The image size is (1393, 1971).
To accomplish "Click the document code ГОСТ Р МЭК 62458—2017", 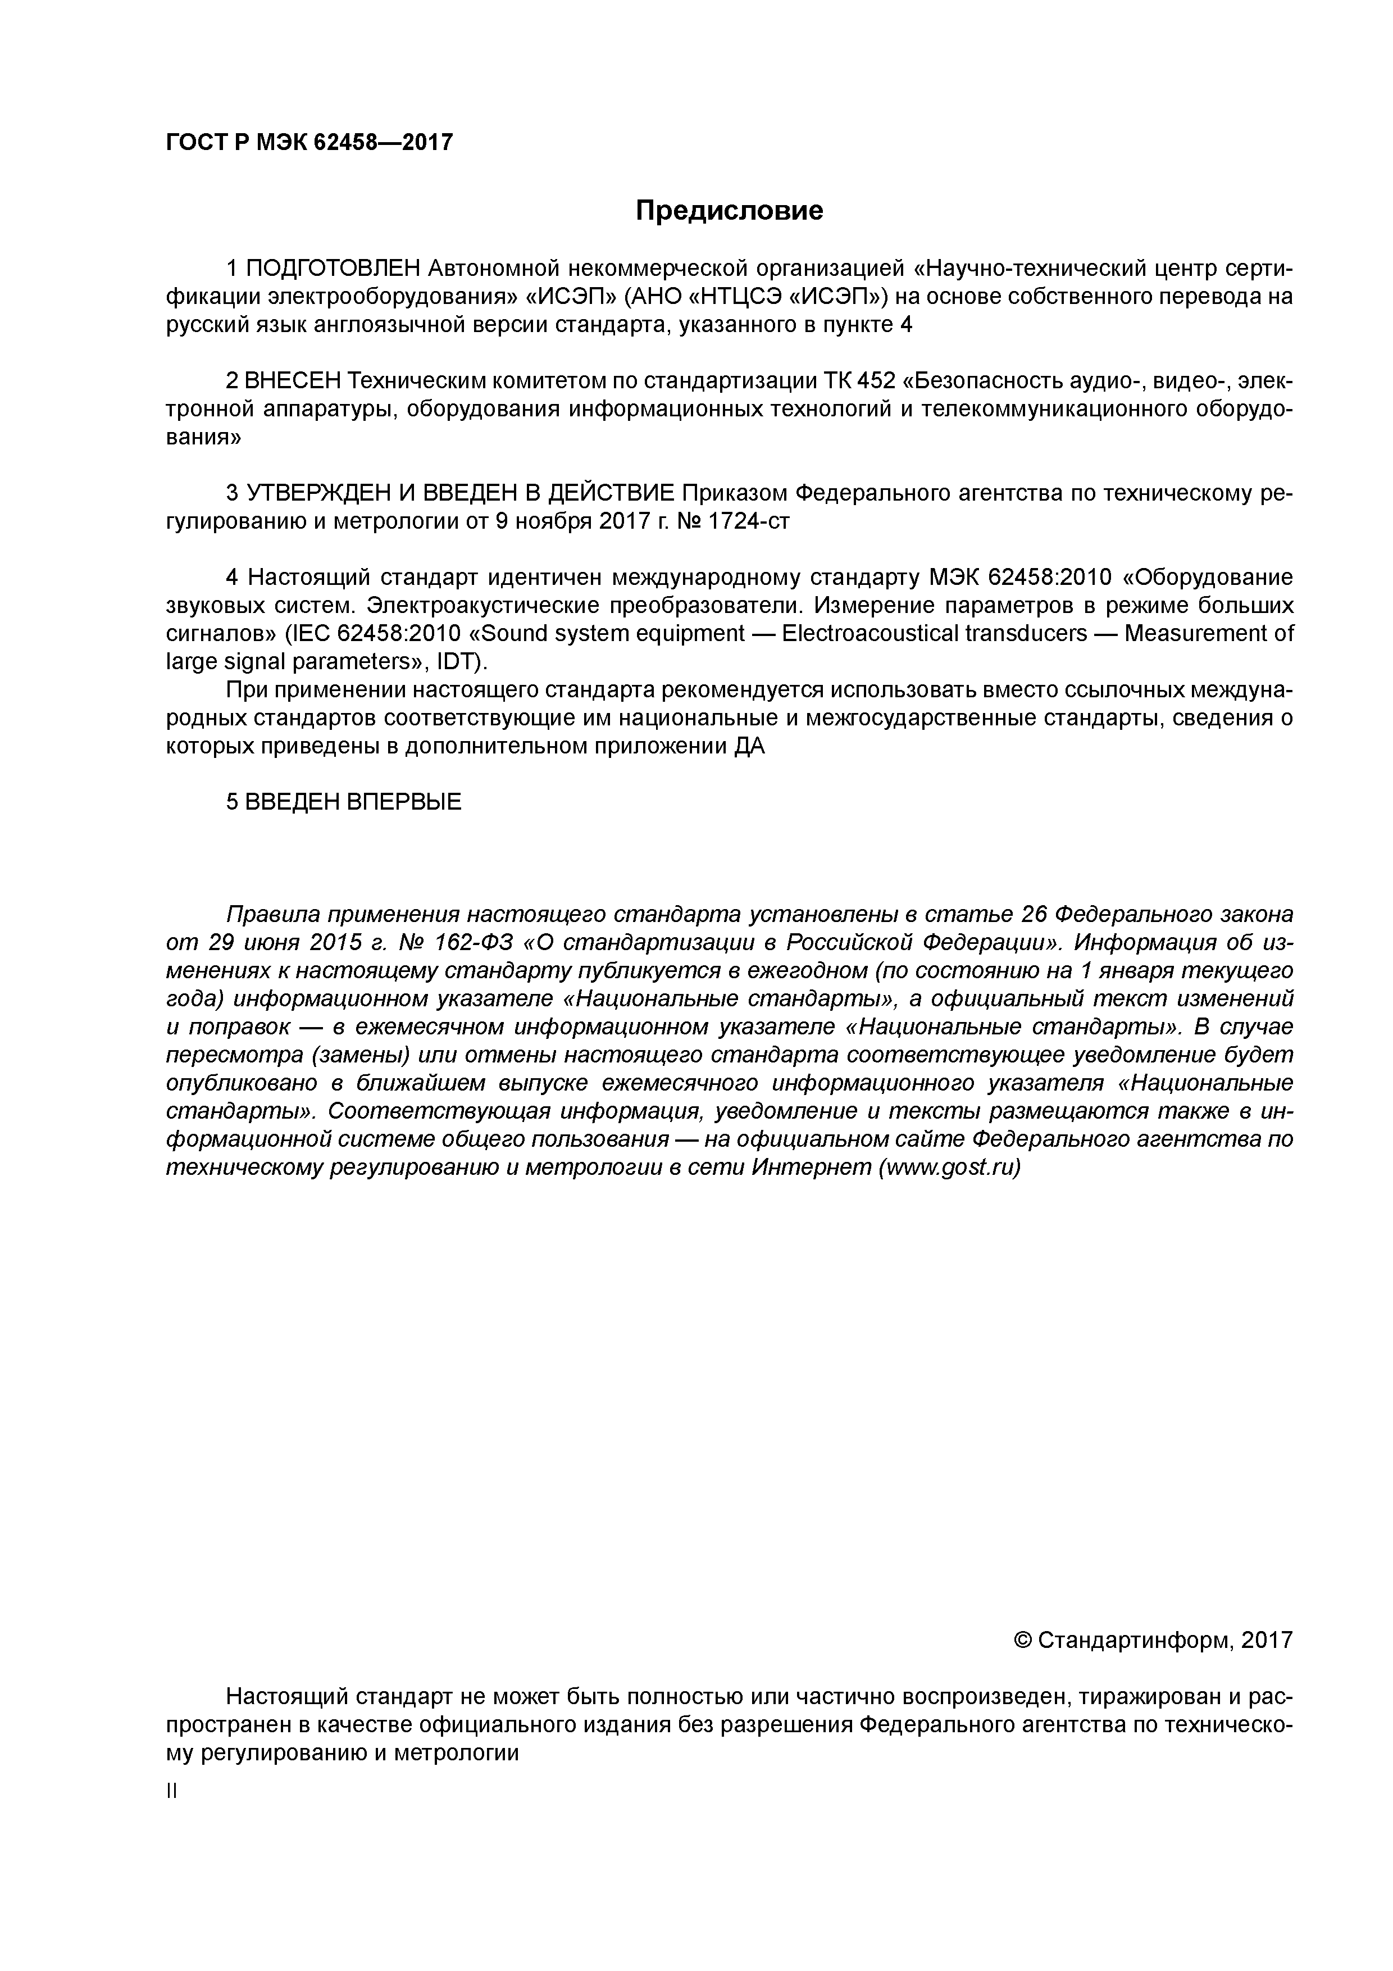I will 309,143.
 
